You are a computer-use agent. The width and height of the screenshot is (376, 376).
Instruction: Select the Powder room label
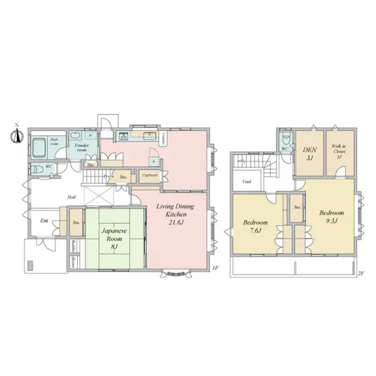coord(80,148)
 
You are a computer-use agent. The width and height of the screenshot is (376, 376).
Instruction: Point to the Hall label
coord(72,197)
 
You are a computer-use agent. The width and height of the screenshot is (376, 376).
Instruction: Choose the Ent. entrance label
coord(44,221)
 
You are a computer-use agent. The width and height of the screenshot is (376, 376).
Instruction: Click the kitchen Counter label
coord(163,138)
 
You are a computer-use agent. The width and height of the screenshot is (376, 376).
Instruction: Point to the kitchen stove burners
coord(124,137)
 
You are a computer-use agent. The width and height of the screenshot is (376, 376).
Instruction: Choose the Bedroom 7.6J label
coord(256,227)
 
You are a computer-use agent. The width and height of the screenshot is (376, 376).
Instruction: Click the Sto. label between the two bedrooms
coord(297,206)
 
